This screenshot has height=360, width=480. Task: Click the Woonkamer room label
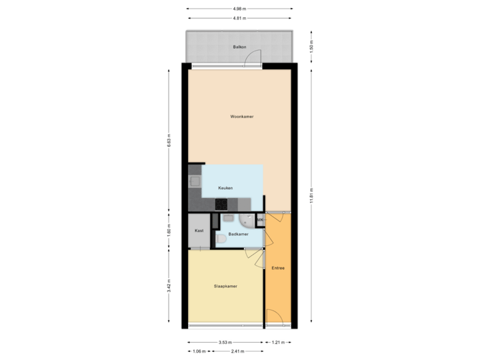pos(241,116)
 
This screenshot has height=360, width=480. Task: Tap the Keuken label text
pos(225,189)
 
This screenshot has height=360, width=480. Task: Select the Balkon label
pos(239,47)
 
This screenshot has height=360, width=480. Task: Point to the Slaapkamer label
pos(227,286)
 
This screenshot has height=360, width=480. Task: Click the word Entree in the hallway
pos(278,268)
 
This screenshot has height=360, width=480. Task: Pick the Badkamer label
pos(238,234)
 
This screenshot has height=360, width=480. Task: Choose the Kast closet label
pos(199,231)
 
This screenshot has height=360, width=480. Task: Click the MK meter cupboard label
pos(260,219)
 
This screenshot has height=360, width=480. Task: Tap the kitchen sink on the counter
pos(195,181)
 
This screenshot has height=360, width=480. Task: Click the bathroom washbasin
pos(229,218)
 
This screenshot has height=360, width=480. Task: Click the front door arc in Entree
pos(273,317)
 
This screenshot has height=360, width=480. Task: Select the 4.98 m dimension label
pos(239,9)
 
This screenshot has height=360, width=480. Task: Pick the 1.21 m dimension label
pos(278,343)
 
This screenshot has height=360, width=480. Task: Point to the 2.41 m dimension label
pos(236,351)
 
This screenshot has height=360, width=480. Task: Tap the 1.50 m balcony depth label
pos(311,47)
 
